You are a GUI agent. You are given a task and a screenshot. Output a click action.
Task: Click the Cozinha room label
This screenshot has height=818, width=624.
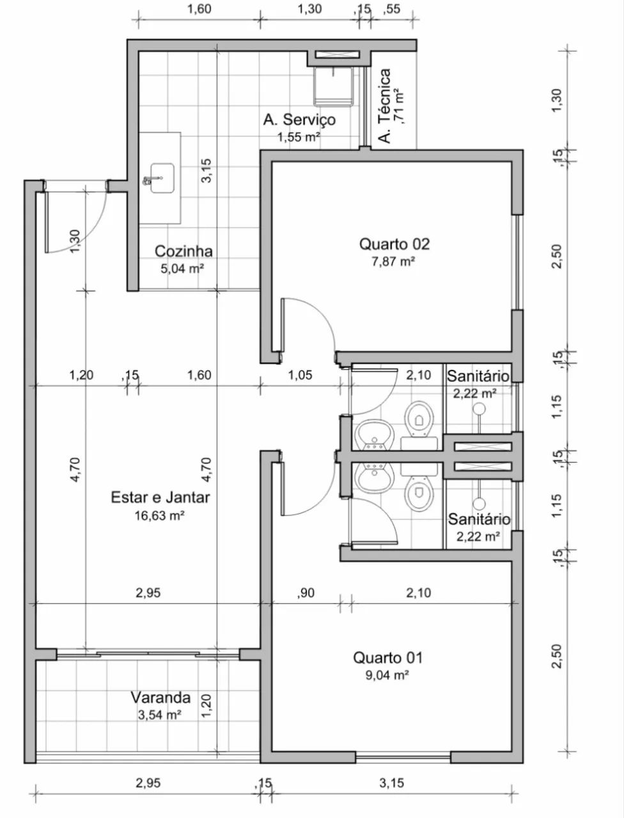[x=183, y=251]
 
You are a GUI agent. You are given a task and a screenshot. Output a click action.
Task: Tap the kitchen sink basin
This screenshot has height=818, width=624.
[x=162, y=178]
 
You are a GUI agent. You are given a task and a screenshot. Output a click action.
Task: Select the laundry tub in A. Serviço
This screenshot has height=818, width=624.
[x=334, y=86]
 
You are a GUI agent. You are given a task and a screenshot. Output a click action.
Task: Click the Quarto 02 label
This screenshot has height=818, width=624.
[x=394, y=244]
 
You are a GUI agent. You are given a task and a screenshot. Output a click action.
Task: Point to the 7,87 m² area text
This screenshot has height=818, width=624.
[x=393, y=261]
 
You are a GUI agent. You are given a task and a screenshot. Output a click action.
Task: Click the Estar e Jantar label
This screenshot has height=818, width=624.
[x=160, y=497]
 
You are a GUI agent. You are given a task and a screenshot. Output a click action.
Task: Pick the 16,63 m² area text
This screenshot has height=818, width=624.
[x=160, y=515]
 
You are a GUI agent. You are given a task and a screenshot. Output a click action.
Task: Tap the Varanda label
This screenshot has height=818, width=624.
[x=160, y=697]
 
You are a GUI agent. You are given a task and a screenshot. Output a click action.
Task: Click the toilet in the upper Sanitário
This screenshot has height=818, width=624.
[x=419, y=419]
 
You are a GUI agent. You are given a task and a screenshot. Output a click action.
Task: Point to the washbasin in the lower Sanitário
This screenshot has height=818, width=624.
[x=374, y=477]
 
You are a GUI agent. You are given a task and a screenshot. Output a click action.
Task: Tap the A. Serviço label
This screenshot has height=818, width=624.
[x=299, y=120]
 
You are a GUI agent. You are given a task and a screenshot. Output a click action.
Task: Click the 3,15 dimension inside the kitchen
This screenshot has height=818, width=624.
[x=206, y=170]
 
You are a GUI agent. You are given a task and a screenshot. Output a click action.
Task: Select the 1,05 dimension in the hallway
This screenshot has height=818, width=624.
[x=300, y=374]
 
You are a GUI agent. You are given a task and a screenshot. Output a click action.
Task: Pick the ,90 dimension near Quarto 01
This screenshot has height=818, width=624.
[x=306, y=592]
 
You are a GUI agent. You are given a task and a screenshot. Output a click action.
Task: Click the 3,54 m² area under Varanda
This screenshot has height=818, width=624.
[x=160, y=714]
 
